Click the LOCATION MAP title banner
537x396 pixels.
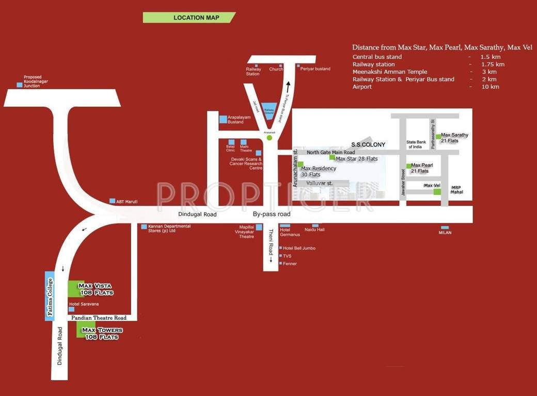pos(189,18)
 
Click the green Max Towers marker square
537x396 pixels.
pos(82,329)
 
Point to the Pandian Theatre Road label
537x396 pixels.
pos(99,318)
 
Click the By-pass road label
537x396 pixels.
pos(272,214)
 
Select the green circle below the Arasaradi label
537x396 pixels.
pos(269,138)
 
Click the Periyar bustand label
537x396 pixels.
pos(315,69)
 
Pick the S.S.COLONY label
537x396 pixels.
pos(368,144)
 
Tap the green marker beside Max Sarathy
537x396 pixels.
pos(438,137)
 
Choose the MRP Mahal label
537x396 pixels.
pos(457,190)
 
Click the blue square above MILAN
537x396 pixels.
pos(445,227)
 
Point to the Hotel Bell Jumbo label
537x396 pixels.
pos(299,248)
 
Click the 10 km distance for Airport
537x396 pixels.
pos(490,87)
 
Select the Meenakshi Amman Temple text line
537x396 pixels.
pos(390,72)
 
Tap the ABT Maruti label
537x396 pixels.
pos(127,202)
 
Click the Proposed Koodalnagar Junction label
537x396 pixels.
pos(33,81)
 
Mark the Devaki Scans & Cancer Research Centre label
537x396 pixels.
pos(247,163)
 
